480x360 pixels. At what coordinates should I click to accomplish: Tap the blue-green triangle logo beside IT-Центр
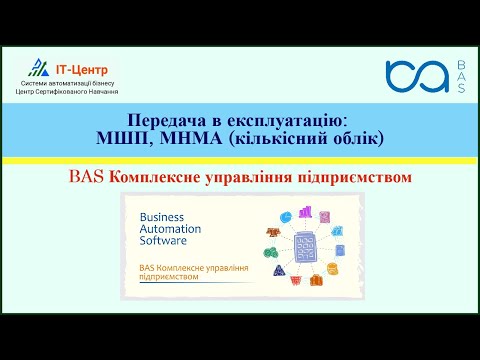coord(40,67)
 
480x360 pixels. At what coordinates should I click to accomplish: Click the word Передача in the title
coord(162,120)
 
